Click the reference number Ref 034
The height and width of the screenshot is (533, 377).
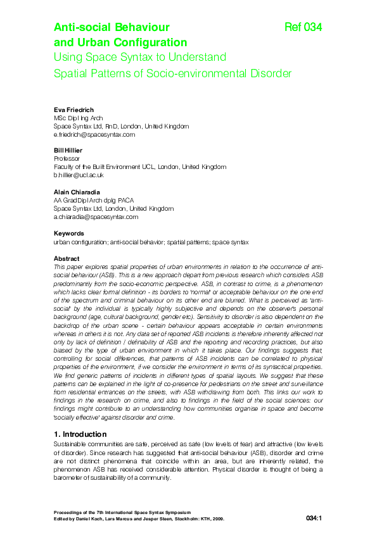coord(304,27)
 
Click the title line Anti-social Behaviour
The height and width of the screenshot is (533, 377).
coord(112,27)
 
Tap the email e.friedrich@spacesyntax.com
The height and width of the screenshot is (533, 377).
coord(94,134)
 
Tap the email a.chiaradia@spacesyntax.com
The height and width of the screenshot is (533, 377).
coord(96,216)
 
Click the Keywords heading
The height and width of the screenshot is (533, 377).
coord(69,234)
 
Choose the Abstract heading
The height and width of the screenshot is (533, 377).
coord(67,258)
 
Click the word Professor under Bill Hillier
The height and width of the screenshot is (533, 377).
coord(68,158)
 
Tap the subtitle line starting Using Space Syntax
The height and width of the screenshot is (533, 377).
coord(140,58)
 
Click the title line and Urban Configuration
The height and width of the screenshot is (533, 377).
coord(120,42)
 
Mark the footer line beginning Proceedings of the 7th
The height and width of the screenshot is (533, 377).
coord(122,511)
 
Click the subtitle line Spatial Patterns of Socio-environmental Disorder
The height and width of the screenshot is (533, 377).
coord(172,73)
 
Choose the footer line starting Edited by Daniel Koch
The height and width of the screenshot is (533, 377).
coord(139,518)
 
